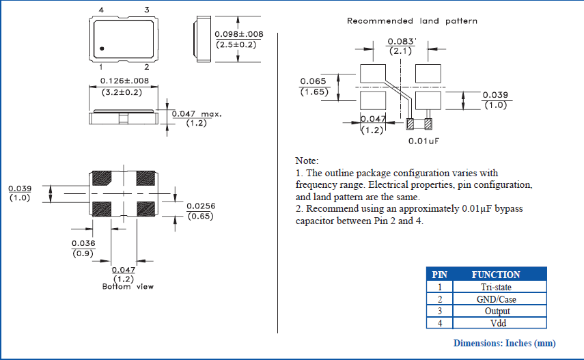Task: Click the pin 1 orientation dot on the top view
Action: [x=101, y=49]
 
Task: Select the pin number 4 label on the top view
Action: [x=101, y=10]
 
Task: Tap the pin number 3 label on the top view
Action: [x=146, y=10]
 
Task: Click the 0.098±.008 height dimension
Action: [x=238, y=34]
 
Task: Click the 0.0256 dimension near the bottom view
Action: [x=201, y=206]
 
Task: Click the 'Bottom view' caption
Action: [x=124, y=286]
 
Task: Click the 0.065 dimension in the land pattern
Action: [x=313, y=81]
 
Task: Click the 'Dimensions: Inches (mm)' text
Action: [x=504, y=343]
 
